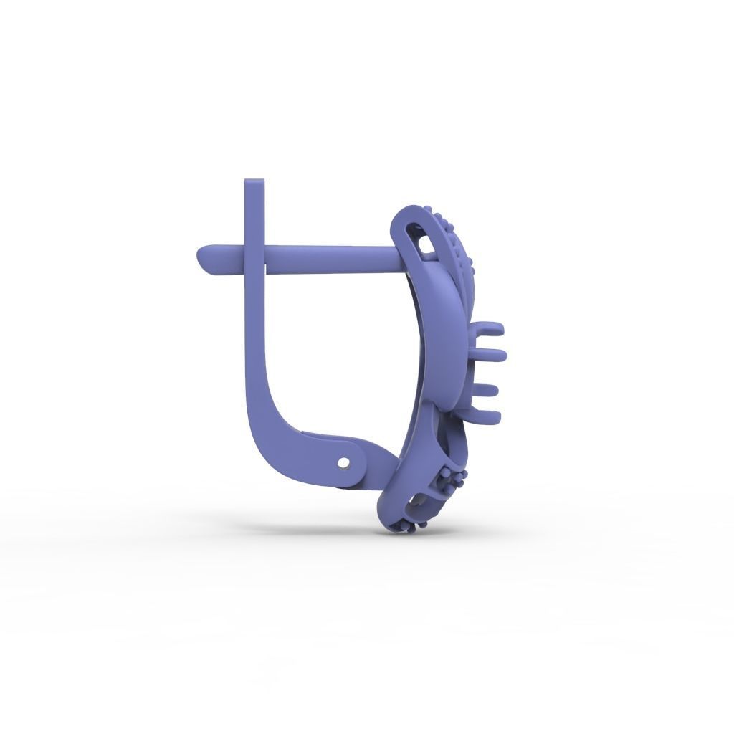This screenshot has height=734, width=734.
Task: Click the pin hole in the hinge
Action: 345,463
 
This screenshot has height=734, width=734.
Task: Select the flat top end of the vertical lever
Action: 254,182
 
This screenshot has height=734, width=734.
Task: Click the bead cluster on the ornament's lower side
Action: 450,479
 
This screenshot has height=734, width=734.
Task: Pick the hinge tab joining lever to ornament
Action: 358,459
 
